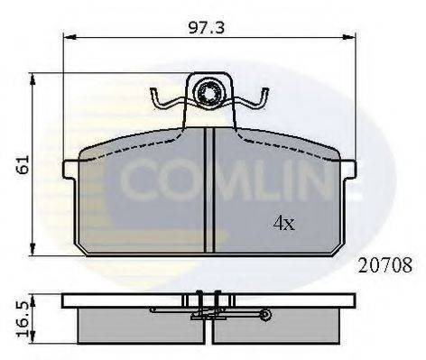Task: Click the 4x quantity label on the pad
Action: [283, 224]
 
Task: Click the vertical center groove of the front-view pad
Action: [209, 189]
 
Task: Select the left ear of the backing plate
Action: [70, 169]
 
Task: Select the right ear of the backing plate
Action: [350, 169]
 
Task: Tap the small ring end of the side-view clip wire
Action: [264, 314]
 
